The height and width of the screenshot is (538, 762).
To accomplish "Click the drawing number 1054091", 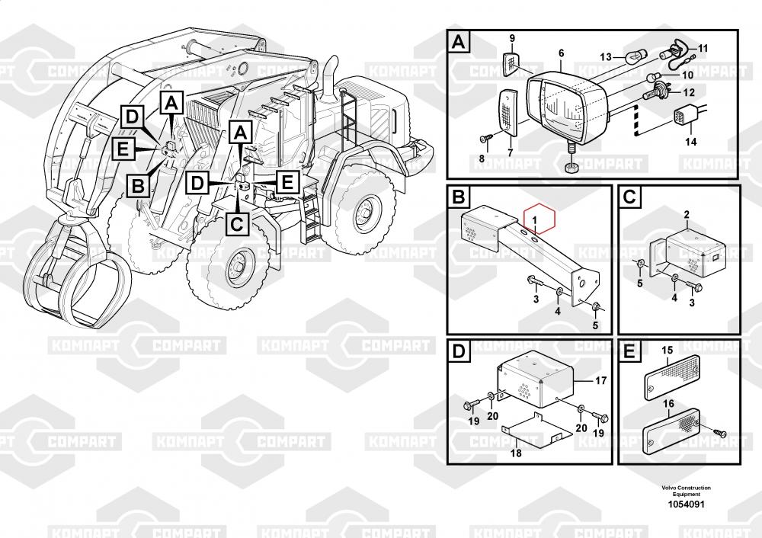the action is tap(686, 504).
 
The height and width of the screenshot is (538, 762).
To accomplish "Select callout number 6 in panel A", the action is tap(562, 53).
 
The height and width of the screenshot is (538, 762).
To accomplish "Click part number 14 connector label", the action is tap(690, 142).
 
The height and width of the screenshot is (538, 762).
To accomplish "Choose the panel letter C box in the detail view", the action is tap(629, 197).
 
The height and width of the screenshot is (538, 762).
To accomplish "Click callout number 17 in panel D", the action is tap(601, 380).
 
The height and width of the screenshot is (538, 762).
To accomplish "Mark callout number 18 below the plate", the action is tap(516, 453).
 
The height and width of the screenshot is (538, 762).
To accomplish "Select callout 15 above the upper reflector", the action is tap(668, 350).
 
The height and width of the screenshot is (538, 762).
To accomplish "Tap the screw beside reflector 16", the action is tap(720, 433).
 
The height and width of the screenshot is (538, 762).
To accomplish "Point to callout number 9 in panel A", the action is tap(512, 38).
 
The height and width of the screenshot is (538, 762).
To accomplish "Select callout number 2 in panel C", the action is tap(687, 214).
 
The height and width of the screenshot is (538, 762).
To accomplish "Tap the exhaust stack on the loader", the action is tap(331, 78).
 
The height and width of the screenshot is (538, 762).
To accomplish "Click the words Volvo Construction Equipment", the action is tap(686, 490).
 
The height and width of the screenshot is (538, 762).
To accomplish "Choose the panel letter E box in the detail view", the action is tap(629, 352).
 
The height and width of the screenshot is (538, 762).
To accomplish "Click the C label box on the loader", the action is tap(237, 225).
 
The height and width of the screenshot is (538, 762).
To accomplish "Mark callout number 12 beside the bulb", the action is tap(689, 92).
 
